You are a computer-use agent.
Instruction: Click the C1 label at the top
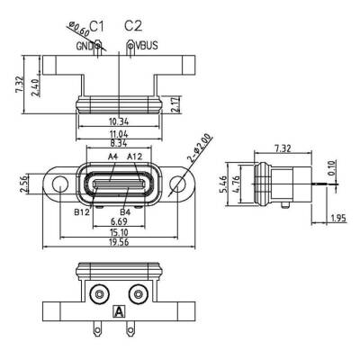[98, 24]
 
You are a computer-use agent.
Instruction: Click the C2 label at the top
[133, 24]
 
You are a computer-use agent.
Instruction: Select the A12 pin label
[136, 157]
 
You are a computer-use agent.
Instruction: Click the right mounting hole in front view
[177, 185]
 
